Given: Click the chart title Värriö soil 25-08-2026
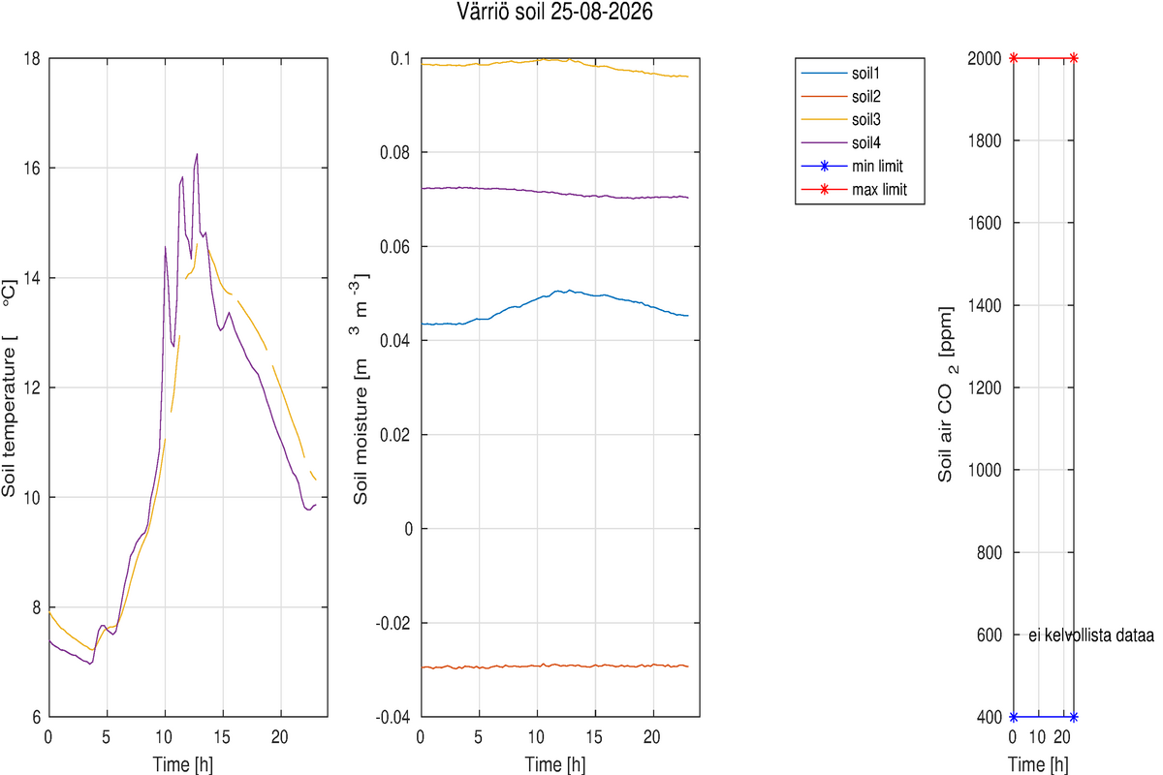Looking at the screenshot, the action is pyautogui.click(x=554, y=12).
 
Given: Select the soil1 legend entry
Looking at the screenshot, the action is pyautogui.click(x=840, y=74).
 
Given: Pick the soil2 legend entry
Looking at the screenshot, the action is pyautogui.click(x=840, y=97).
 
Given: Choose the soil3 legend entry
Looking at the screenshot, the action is pyautogui.click(x=840, y=119).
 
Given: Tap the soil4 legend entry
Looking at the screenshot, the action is pyautogui.click(x=840, y=142).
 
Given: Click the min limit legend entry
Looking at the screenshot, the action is pyautogui.click(x=852, y=166).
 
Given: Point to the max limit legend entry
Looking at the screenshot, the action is pyautogui.click(x=854, y=190).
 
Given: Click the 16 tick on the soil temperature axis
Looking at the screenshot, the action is pyautogui.click(x=32, y=169).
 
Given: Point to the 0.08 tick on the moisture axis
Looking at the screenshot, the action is pyautogui.click(x=394, y=153).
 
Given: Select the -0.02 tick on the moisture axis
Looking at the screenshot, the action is pyautogui.click(x=393, y=623).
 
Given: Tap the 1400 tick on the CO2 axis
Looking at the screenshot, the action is pyautogui.click(x=985, y=305).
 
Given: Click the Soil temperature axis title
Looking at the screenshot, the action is pyautogui.click(x=10, y=388).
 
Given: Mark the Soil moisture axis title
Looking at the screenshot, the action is pyautogui.click(x=361, y=389).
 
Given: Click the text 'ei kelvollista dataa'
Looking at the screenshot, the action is pyautogui.click(x=1091, y=635).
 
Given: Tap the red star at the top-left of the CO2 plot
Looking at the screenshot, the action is pyautogui.click(x=1014, y=58).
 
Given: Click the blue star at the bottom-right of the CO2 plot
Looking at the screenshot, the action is pyautogui.click(x=1074, y=717).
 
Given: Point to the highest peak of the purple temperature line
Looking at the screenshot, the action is pyautogui.click(x=197, y=154).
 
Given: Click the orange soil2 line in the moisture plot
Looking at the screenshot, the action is pyautogui.click(x=554, y=666).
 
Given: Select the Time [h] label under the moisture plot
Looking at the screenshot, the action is pyautogui.click(x=555, y=764).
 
